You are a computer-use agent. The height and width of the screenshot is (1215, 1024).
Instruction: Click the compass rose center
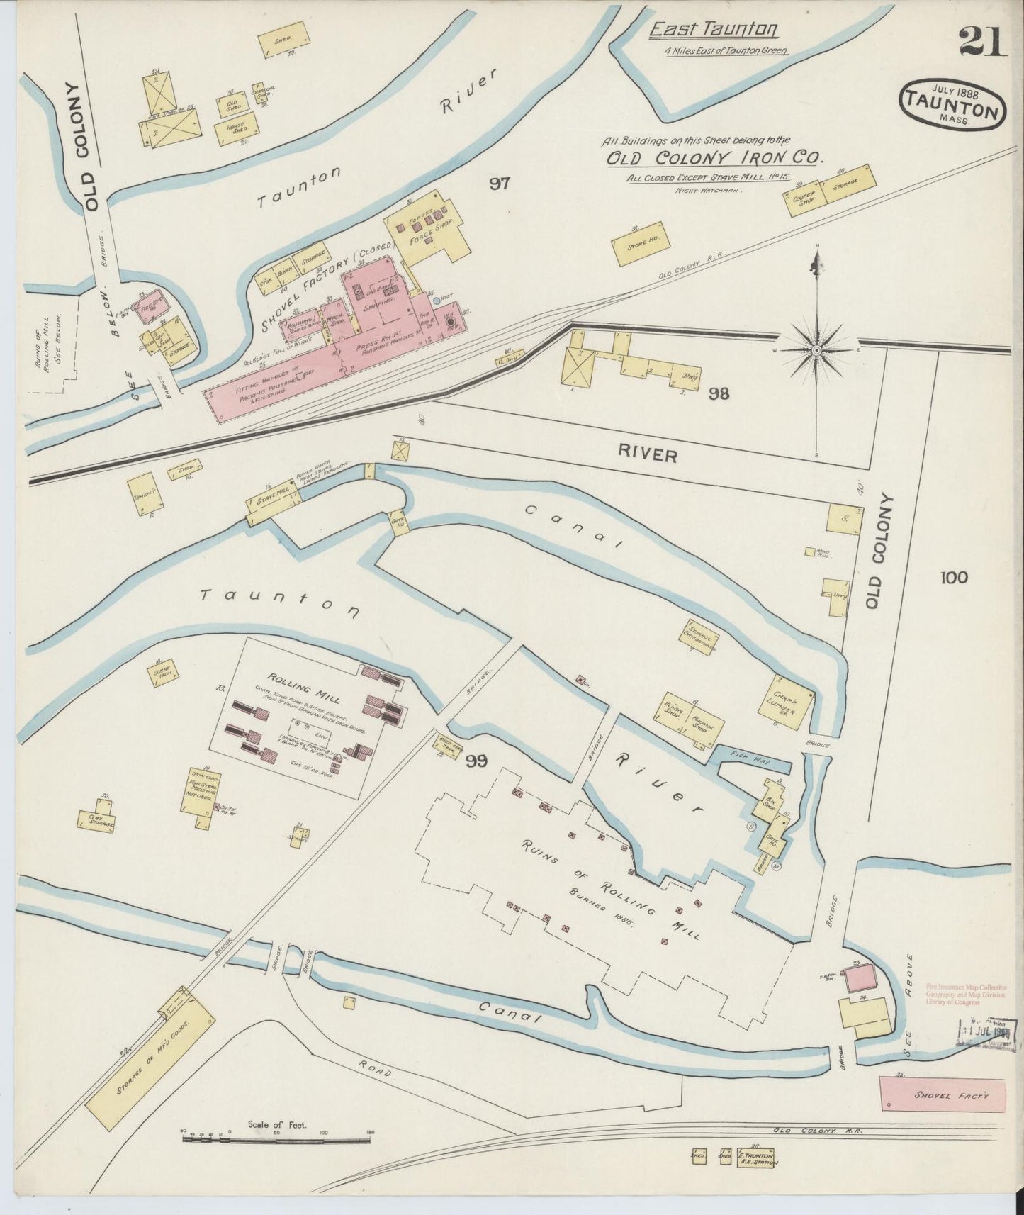[816, 350]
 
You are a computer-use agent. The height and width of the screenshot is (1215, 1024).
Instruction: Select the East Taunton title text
[714, 30]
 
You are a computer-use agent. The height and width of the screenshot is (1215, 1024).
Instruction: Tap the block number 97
[500, 184]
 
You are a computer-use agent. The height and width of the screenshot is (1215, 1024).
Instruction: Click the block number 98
[719, 393]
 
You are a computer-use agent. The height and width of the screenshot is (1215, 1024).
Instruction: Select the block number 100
[954, 578]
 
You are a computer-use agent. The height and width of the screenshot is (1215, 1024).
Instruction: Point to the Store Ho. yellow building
[642, 245]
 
